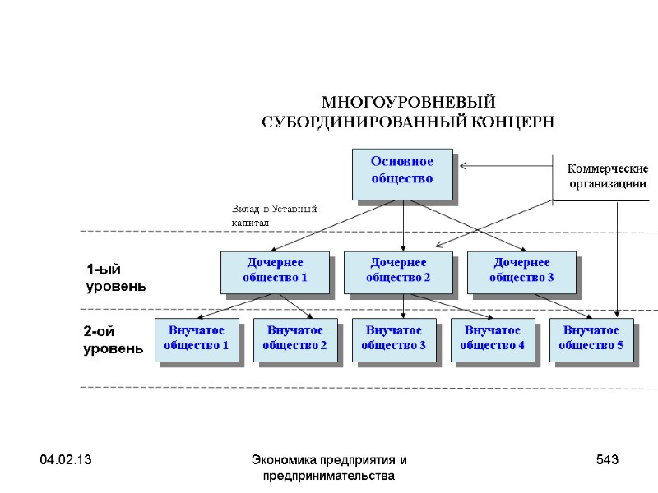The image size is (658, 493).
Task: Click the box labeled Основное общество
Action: click(402, 173)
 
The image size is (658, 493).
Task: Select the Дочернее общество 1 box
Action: click(275, 272)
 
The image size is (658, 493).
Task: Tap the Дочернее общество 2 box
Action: click(398, 272)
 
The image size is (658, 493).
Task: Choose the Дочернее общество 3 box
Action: click(521, 272)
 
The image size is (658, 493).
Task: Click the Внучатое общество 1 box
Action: click(197, 339)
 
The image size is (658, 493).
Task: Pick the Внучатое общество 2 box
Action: click(295, 339)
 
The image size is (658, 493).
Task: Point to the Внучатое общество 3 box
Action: click(394, 339)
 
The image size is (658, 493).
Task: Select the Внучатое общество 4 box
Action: click(493, 339)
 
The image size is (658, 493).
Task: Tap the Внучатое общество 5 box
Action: click(591, 339)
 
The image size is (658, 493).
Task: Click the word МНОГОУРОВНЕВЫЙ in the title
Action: click(408, 104)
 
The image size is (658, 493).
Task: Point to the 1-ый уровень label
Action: click(116, 278)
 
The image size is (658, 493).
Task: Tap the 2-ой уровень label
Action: click(114, 340)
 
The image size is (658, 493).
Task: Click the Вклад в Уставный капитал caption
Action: click(274, 216)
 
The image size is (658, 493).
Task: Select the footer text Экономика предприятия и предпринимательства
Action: click(328, 468)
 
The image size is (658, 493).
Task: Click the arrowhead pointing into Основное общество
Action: click(463, 166)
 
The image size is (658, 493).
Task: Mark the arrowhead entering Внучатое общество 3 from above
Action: click(404, 316)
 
